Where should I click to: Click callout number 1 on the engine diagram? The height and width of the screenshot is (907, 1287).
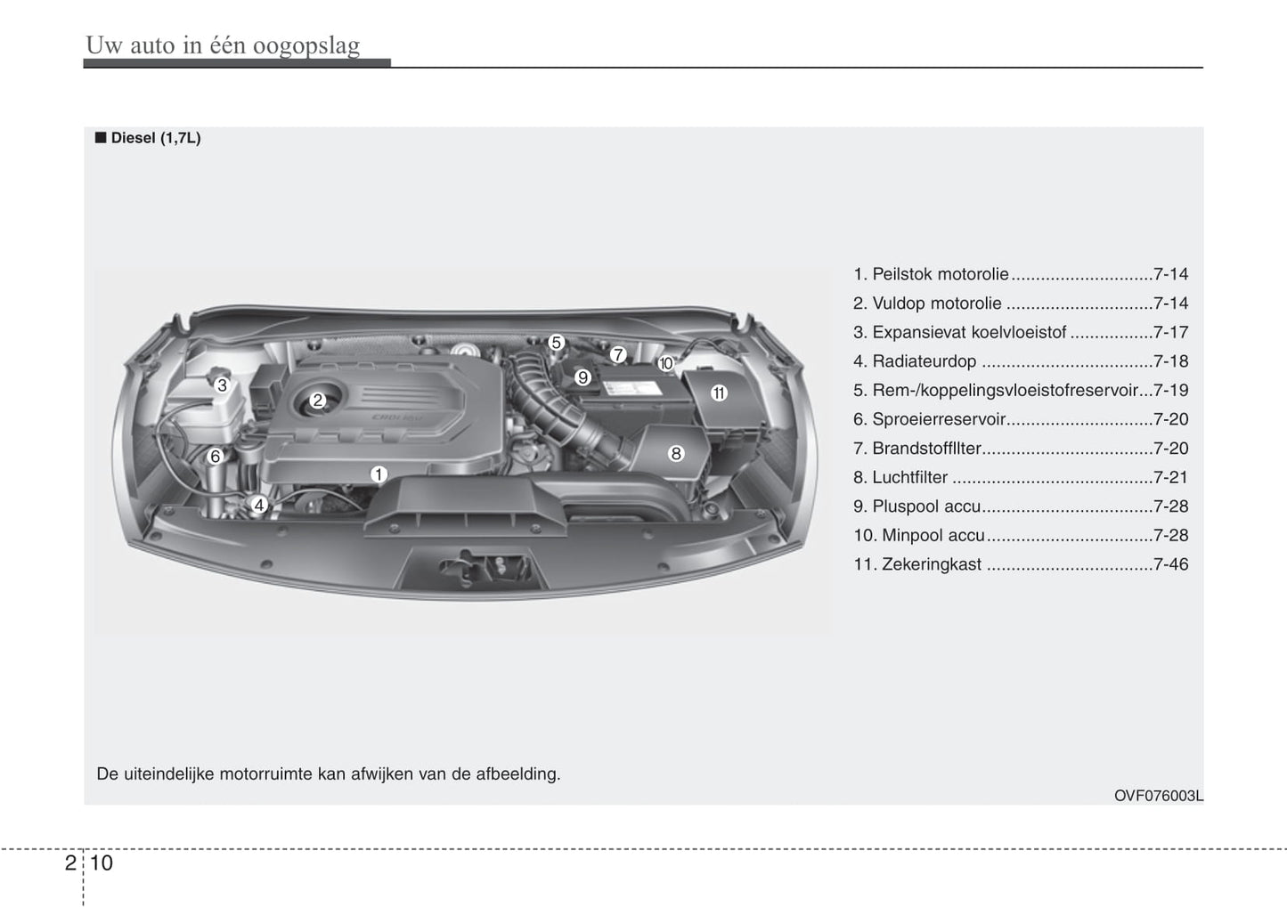click(378, 474)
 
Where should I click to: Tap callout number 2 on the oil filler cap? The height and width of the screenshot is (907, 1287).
click(318, 401)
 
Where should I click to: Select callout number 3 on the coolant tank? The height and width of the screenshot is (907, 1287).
click(222, 385)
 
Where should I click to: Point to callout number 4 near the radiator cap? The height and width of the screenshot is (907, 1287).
click(259, 506)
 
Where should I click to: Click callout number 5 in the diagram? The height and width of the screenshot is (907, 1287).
click(556, 343)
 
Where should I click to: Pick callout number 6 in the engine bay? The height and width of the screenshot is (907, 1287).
click(216, 457)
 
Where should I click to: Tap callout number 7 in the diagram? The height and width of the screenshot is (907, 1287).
click(617, 355)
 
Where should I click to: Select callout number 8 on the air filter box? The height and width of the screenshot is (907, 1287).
click(676, 454)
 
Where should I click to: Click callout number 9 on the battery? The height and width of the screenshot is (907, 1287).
click(582, 377)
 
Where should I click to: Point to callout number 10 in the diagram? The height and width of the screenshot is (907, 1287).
click(665, 363)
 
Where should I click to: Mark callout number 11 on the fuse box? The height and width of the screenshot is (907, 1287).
click(719, 393)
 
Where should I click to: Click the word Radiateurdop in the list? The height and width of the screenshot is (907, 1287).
click(924, 361)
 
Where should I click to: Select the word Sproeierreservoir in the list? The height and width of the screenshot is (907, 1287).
click(939, 419)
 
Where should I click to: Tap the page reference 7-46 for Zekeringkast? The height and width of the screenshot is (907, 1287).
click(1171, 564)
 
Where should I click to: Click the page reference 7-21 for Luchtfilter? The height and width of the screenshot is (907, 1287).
click(1171, 477)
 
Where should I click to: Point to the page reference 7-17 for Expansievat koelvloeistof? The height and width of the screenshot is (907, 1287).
click(1171, 332)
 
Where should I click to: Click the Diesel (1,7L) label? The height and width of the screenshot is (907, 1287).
click(156, 138)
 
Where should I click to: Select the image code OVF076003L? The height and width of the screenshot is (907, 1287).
click(1158, 796)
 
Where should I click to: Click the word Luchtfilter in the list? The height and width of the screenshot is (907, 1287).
click(910, 478)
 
